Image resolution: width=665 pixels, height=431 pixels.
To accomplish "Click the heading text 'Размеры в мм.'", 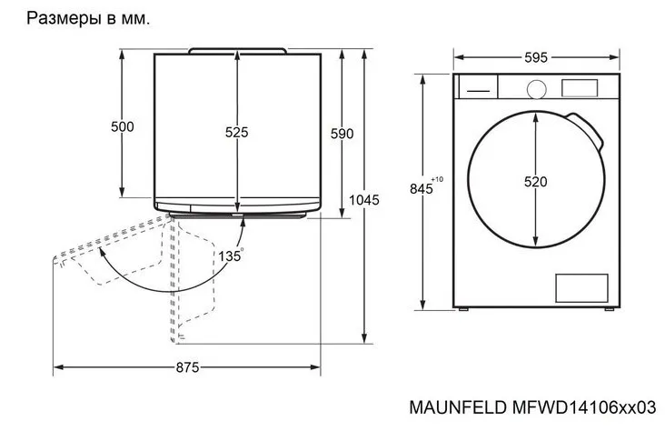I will click(88, 18).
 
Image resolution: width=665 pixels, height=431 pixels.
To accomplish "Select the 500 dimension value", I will click(122, 126).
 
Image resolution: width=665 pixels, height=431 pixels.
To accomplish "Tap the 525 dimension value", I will click(236, 132).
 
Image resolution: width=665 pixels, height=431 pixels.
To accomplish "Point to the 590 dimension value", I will click(342, 134).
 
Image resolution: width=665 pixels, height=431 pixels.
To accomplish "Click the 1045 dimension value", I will click(363, 200).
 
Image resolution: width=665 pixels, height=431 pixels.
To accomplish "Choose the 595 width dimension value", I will click(536, 57).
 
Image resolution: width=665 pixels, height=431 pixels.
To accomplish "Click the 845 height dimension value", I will click(421, 189).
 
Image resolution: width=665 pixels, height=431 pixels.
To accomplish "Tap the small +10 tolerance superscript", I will click(438, 179).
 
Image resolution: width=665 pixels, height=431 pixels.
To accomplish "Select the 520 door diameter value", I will click(536, 182).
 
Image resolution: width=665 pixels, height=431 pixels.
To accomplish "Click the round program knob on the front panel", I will click(537, 88).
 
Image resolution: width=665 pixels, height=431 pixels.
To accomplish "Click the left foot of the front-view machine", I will click(465, 311).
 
